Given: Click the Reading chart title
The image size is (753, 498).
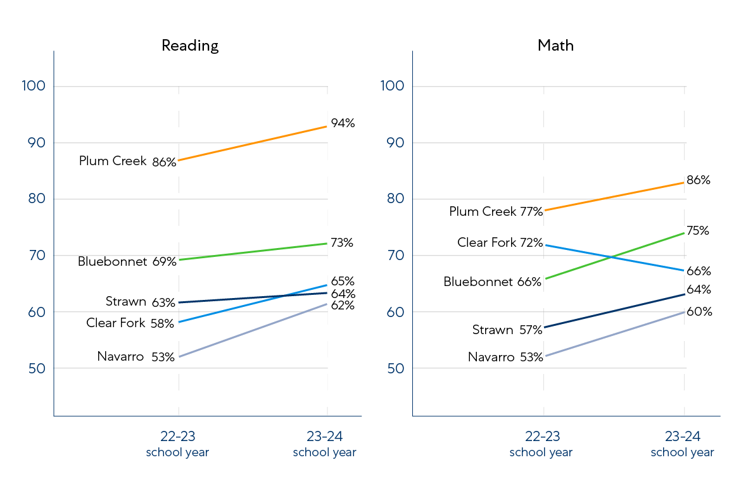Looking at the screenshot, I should point(190,46).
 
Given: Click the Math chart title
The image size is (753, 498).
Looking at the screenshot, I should point(555,46).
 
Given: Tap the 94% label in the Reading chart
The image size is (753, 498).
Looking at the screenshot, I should point(343,123).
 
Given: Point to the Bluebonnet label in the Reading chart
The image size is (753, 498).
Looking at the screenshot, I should point(112,261).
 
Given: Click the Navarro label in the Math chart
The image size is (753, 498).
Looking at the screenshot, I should point(491,357).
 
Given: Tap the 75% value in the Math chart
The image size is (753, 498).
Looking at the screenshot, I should point(697,231).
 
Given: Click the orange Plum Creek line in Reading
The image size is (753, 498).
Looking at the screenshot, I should point(253,143).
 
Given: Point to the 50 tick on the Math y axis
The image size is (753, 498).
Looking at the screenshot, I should point(394,368).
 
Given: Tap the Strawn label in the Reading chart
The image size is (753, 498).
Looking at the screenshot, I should point(126,302).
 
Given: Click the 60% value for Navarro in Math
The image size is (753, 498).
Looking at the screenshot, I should point(699,312).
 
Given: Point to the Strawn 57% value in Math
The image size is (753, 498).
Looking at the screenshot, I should point(530,330).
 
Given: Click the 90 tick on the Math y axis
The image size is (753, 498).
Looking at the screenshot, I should point(394,143).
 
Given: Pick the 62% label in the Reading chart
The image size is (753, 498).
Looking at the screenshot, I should point(343,306).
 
